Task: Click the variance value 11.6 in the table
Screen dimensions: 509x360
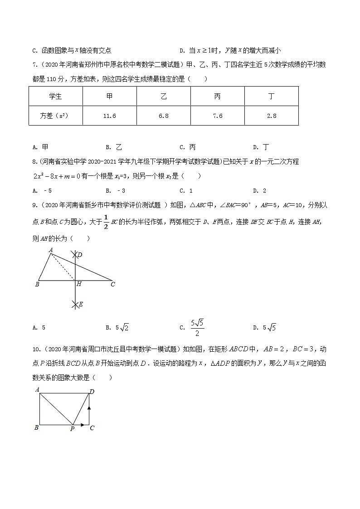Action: (x=110, y=116)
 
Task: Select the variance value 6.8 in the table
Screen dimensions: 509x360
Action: (x=164, y=116)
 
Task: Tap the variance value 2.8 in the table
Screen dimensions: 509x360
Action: (x=272, y=116)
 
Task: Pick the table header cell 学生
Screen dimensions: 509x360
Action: (x=55, y=96)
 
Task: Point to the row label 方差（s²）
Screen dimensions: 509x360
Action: (x=55, y=116)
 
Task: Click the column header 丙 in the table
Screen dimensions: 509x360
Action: (x=218, y=96)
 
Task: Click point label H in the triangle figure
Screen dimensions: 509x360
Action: (x=79, y=284)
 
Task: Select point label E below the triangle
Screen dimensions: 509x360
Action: (x=80, y=305)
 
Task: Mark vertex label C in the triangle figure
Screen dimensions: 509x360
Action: (x=112, y=284)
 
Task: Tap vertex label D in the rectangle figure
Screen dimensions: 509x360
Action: (x=92, y=391)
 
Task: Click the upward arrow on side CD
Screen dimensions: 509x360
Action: (x=89, y=409)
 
